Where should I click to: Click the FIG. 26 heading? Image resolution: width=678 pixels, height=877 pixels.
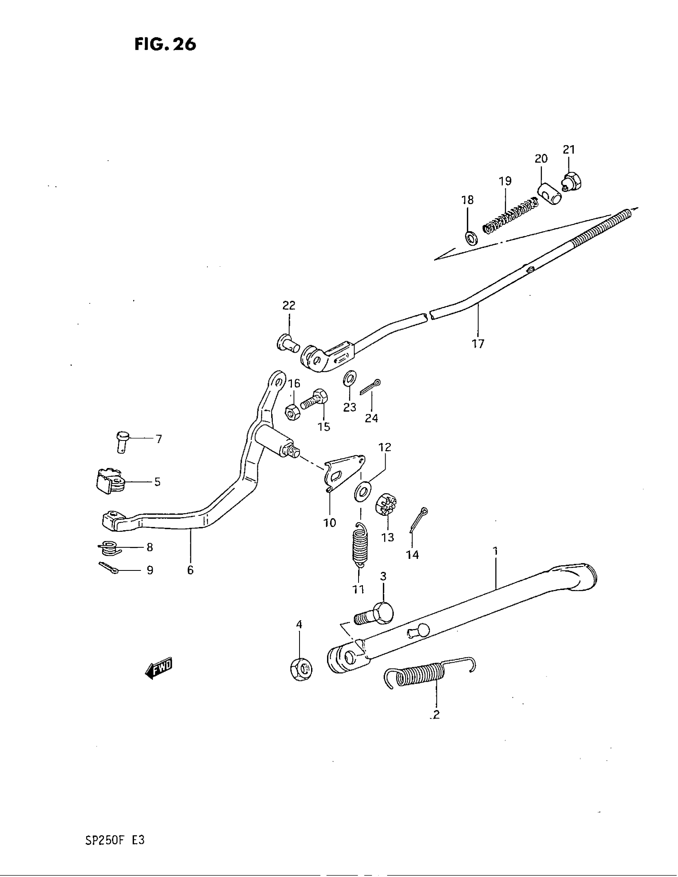click(x=165, y=44)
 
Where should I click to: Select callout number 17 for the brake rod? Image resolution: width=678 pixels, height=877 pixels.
click(x=478, y=343)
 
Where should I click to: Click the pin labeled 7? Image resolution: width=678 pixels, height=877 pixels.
click(x=122, y=440)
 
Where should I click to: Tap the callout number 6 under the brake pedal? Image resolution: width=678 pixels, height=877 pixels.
click(x=190, y=569)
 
